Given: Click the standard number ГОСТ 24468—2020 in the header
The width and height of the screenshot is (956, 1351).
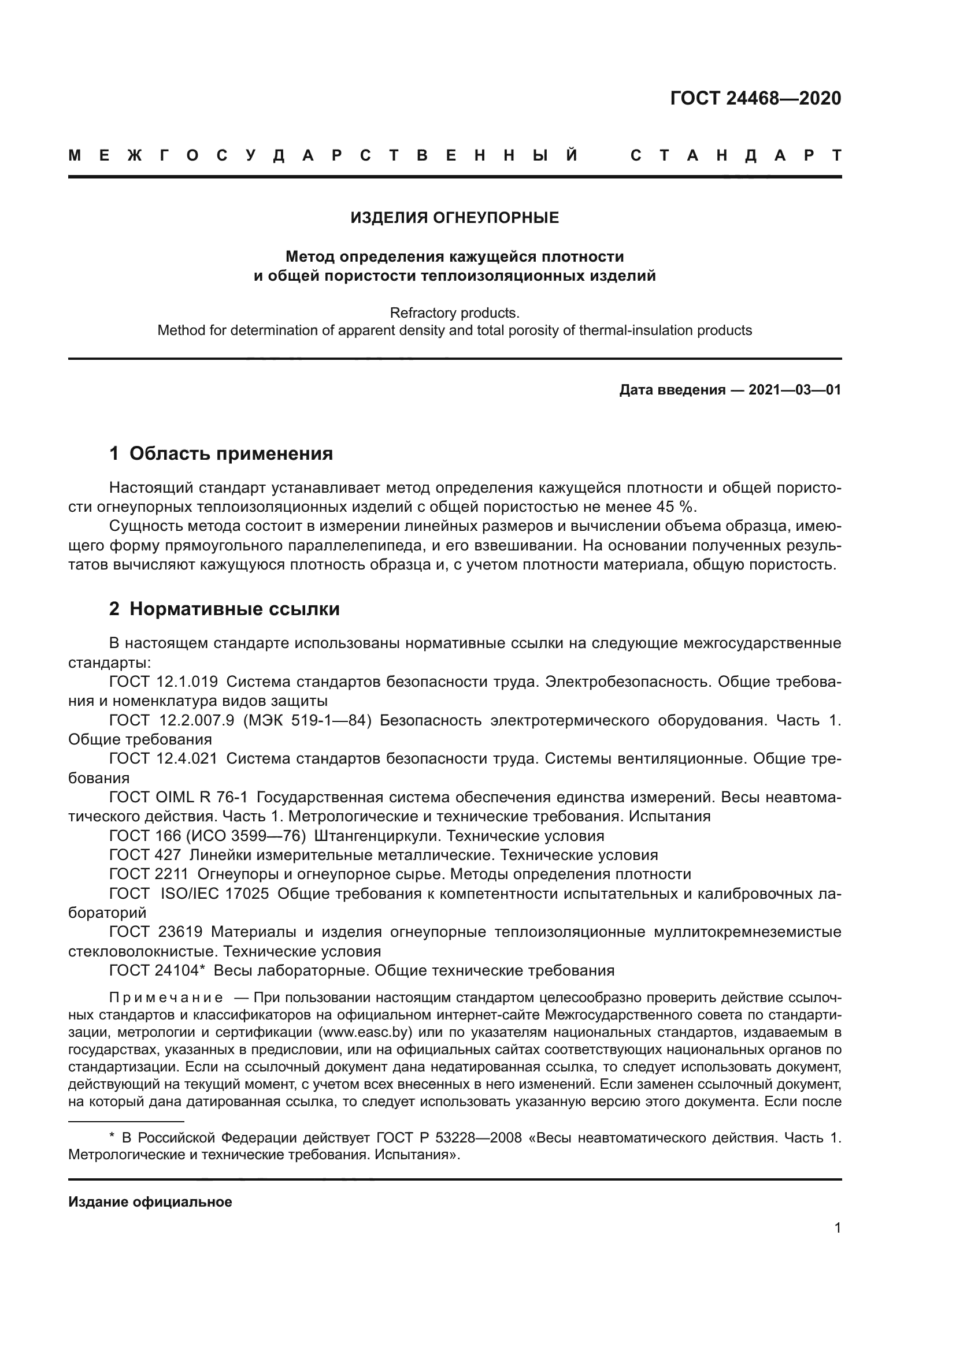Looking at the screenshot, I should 755,98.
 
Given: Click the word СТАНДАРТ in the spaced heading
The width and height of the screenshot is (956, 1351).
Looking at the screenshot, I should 735,156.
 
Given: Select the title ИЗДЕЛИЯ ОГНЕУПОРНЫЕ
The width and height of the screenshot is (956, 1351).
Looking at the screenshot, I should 454,218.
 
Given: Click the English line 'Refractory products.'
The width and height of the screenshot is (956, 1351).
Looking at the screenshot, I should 454,312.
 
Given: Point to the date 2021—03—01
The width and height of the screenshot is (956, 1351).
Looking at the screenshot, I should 795,390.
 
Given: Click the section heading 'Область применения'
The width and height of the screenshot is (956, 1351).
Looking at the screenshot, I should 231,453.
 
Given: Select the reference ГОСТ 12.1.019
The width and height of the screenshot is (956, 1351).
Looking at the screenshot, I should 163,682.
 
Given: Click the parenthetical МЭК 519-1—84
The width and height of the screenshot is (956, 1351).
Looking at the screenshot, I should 307,721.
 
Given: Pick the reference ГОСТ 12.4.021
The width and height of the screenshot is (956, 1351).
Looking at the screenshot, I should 163,759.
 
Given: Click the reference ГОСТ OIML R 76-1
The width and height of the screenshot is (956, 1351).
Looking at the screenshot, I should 179,798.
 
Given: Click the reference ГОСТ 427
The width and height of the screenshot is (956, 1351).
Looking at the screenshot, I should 145,855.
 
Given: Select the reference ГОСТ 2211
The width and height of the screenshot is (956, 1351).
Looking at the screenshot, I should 149,874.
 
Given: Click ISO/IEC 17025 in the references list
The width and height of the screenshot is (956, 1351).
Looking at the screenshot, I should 215,894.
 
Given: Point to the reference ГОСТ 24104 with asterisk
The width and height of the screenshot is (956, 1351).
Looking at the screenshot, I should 157,971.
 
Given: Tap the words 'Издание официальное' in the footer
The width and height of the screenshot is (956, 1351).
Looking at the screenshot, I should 150,1202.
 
